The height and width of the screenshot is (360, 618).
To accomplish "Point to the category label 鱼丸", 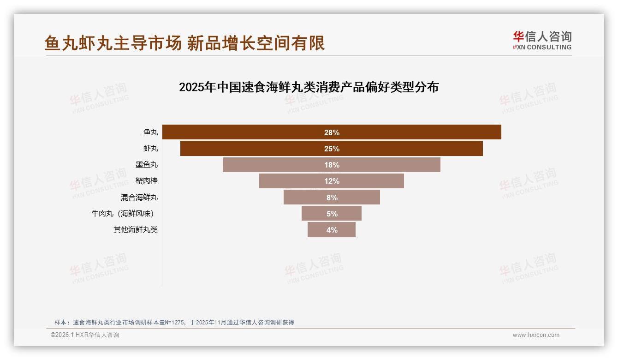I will (151, 132).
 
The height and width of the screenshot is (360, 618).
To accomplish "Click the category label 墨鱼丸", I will (147, 165).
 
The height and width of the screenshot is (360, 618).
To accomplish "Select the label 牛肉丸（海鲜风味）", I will (122, 214).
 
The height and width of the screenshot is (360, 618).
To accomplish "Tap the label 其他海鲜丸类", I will (136, 230).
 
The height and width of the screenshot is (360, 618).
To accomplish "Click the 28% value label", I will (332, 132).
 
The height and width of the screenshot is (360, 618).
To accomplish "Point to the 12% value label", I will (332, 181).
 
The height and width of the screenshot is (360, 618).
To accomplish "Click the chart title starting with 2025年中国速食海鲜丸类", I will (309, 87).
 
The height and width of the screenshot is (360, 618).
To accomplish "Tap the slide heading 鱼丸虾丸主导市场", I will (184, 43).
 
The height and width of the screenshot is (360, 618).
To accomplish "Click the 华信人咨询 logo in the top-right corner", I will (542, 40).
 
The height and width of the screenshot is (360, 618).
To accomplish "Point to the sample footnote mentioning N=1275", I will (174, 322).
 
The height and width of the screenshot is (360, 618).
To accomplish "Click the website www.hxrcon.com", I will (536, 335).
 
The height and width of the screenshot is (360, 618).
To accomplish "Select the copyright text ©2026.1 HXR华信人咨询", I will (85, 335).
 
